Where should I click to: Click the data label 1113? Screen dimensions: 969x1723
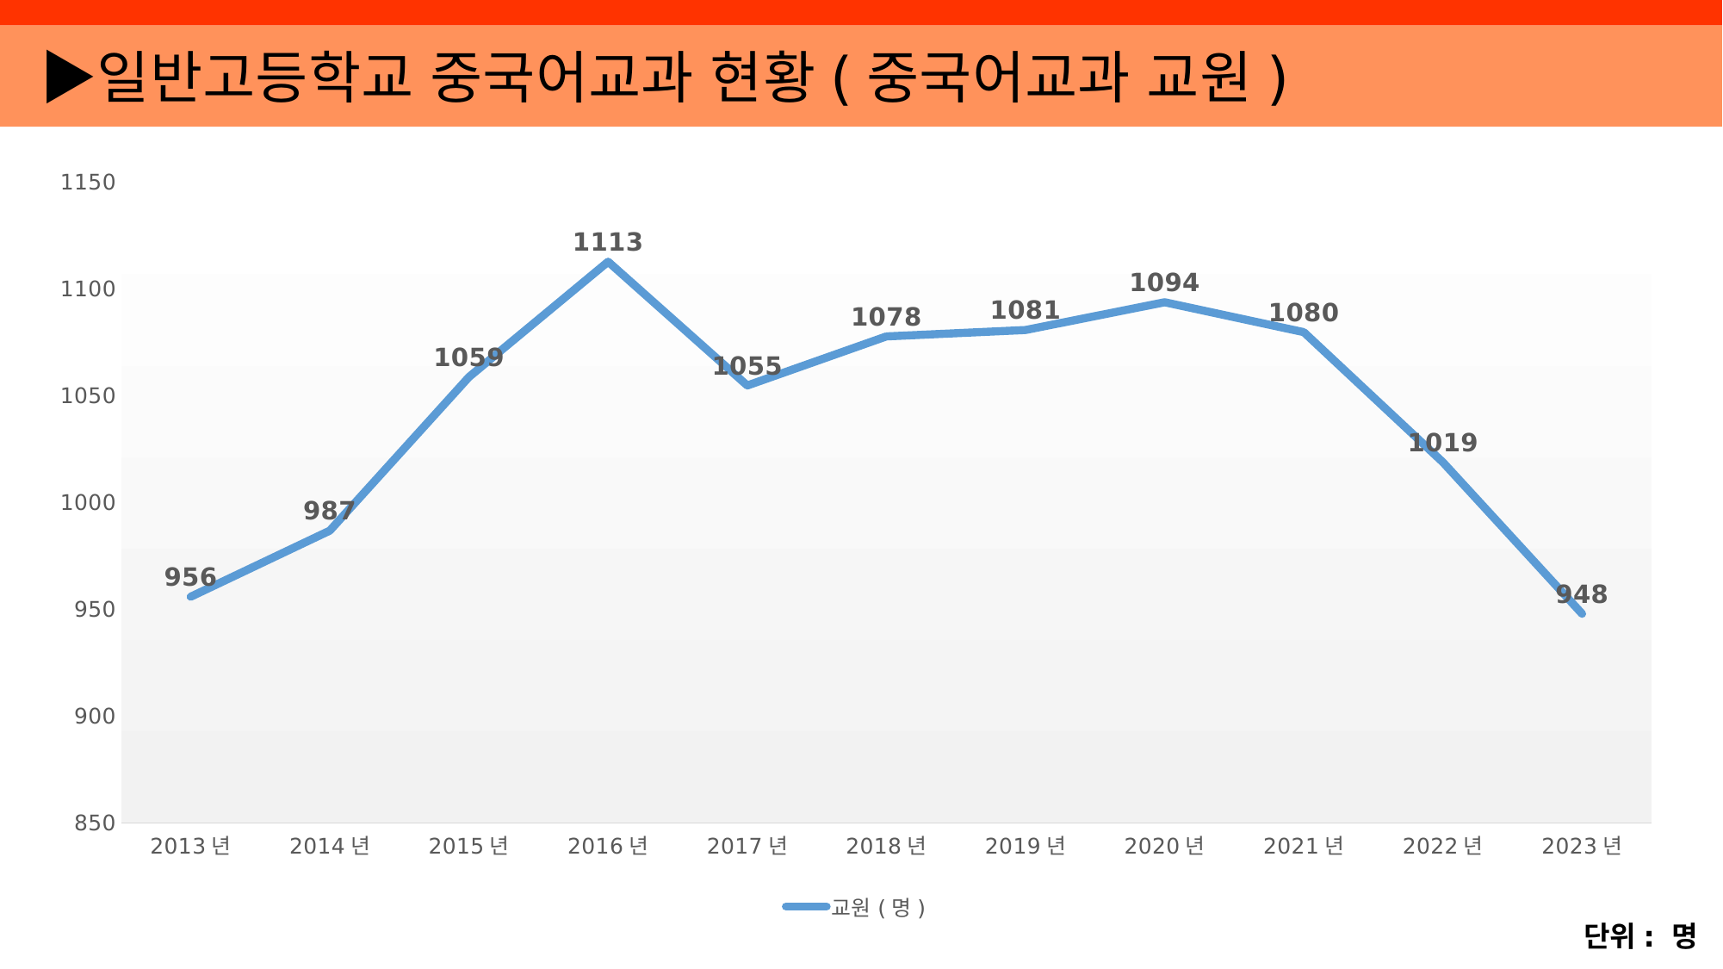coord(608,243)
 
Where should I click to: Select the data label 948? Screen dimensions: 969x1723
coord(1582,594)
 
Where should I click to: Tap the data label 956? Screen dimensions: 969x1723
coord(190,577)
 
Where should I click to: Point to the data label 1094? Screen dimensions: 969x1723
coord(1164,283)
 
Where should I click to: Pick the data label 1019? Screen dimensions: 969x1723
coord(1442,443)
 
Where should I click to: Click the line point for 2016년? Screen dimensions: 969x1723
coord(609,262)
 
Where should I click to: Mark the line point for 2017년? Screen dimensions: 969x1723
coord(747,385)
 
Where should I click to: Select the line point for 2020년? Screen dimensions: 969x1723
coord(1164,302)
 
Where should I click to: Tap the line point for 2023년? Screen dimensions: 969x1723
coord(1582,613)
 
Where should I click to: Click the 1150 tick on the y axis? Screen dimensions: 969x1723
coord(88,183)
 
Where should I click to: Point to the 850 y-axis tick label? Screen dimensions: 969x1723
coord(95,823)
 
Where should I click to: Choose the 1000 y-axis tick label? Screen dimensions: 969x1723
coord(88,503)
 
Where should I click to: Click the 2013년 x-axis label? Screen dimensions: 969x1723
coord(190,847)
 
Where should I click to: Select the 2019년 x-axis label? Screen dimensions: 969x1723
coord(1026,847)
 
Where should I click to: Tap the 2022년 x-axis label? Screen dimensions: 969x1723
coord(1442,847)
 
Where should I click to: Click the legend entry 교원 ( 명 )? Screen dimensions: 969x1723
coord(877,908)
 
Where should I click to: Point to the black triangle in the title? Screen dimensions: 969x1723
coord(69,77)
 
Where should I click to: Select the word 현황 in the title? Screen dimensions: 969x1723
coord(763,77)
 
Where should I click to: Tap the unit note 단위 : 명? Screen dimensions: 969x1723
coord(1639,936)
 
